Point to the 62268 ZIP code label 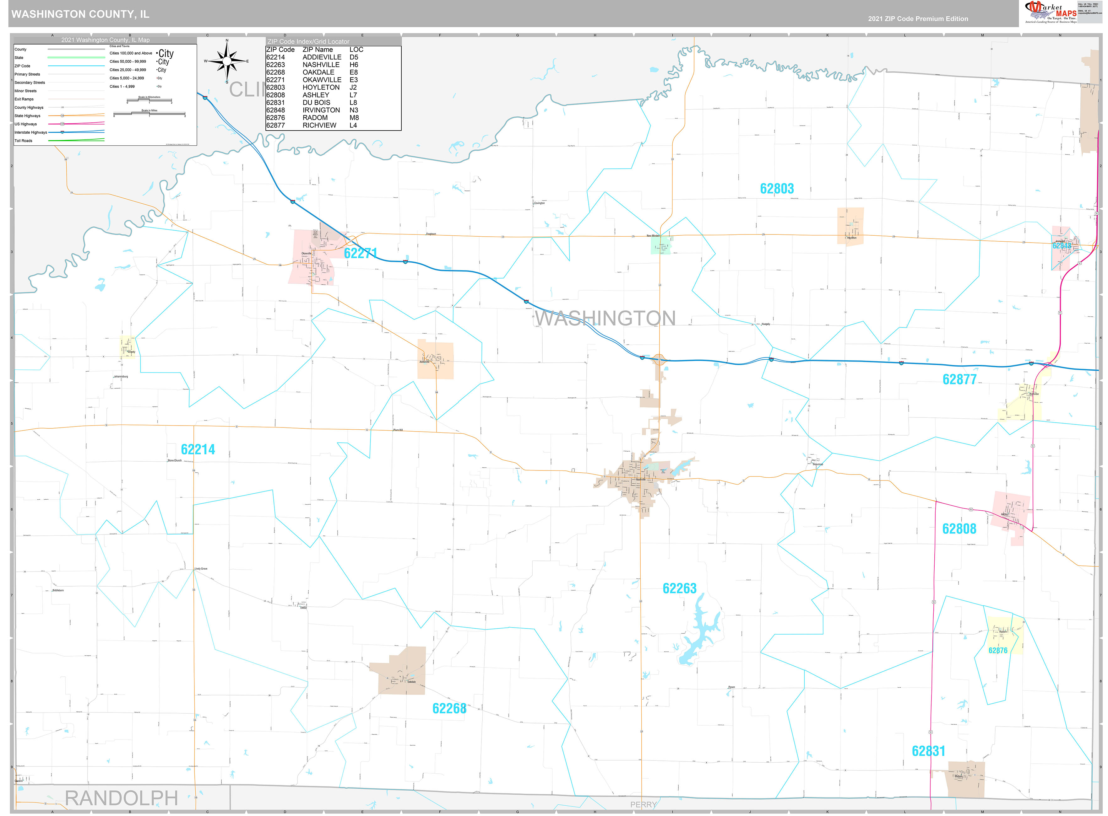[449, 708]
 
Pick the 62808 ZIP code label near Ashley [959, 529]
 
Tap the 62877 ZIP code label [959, 379]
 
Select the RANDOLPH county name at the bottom [121, 798]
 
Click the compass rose [227, 61]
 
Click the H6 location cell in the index [354, 65]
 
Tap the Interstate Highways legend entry [31, 132]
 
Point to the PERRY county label [643, 805]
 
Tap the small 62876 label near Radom [997, 651]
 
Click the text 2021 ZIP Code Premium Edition [918, 19]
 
